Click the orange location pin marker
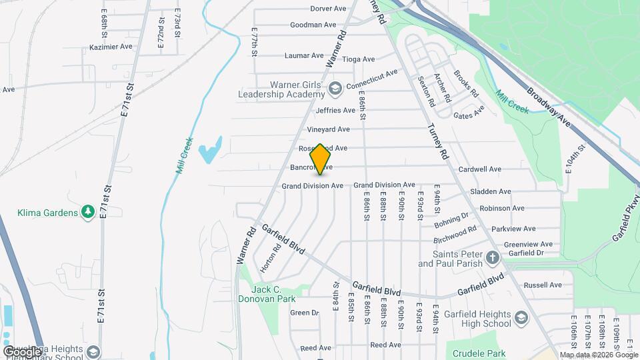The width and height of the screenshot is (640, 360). [x=321, y=159]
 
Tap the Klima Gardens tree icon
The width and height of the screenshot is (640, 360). [x=87, y=212]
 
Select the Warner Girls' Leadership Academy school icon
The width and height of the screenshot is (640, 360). [x=335, y=88]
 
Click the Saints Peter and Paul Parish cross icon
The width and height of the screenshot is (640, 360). [x=492, y=258]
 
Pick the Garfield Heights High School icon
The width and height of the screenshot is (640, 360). [x=521, y=319]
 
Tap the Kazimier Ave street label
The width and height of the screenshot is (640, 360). [x=111, y=47]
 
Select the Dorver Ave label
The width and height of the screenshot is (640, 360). [x=329, y=9]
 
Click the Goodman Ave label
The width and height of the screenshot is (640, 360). [x=313, y=25]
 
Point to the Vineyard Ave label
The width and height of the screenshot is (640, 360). [x=328, y=129]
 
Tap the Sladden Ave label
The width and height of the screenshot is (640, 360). [x=509, y=191]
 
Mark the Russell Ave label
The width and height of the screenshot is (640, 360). [x=543, y=285]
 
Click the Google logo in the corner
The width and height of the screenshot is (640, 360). [x=22, y=351]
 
